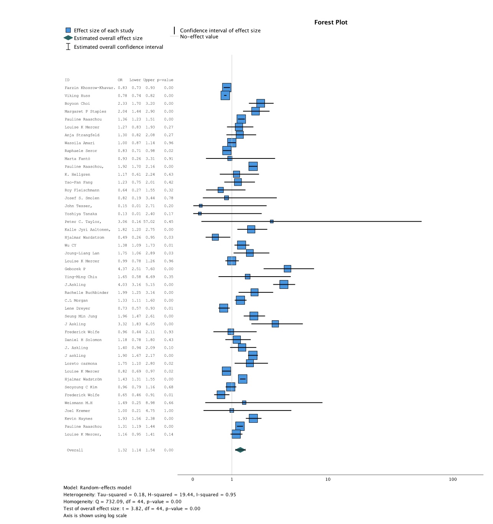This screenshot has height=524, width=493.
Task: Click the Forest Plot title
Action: point(331,22)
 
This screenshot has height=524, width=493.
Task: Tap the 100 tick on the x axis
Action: point(453,479)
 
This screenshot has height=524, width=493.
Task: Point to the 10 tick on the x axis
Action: point(328,479)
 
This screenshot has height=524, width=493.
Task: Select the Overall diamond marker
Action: point(240,450)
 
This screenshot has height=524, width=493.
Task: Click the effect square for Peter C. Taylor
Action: point(271,221)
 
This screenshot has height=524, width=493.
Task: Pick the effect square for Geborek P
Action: point(287,269)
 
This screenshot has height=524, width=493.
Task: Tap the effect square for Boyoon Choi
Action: point(261,103)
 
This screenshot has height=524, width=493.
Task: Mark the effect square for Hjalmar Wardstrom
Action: point(215,237)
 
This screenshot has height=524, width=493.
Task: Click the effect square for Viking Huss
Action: point(225,96)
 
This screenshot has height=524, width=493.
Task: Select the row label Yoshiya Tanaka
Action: point(81,214)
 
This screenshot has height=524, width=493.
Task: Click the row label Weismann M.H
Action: point(78,403)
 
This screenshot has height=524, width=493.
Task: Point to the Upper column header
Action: point(149,80)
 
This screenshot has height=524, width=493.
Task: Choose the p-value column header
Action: point(165,80)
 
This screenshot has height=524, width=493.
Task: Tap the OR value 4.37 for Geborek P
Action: point(122,269)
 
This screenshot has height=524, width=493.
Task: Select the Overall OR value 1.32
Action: point(122,450)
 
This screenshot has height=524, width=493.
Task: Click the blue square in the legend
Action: point(68,30)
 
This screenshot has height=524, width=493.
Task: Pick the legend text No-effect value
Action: point(199,36)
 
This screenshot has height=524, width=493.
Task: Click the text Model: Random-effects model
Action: point(97,488)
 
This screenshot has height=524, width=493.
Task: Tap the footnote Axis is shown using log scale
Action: point(95,516)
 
